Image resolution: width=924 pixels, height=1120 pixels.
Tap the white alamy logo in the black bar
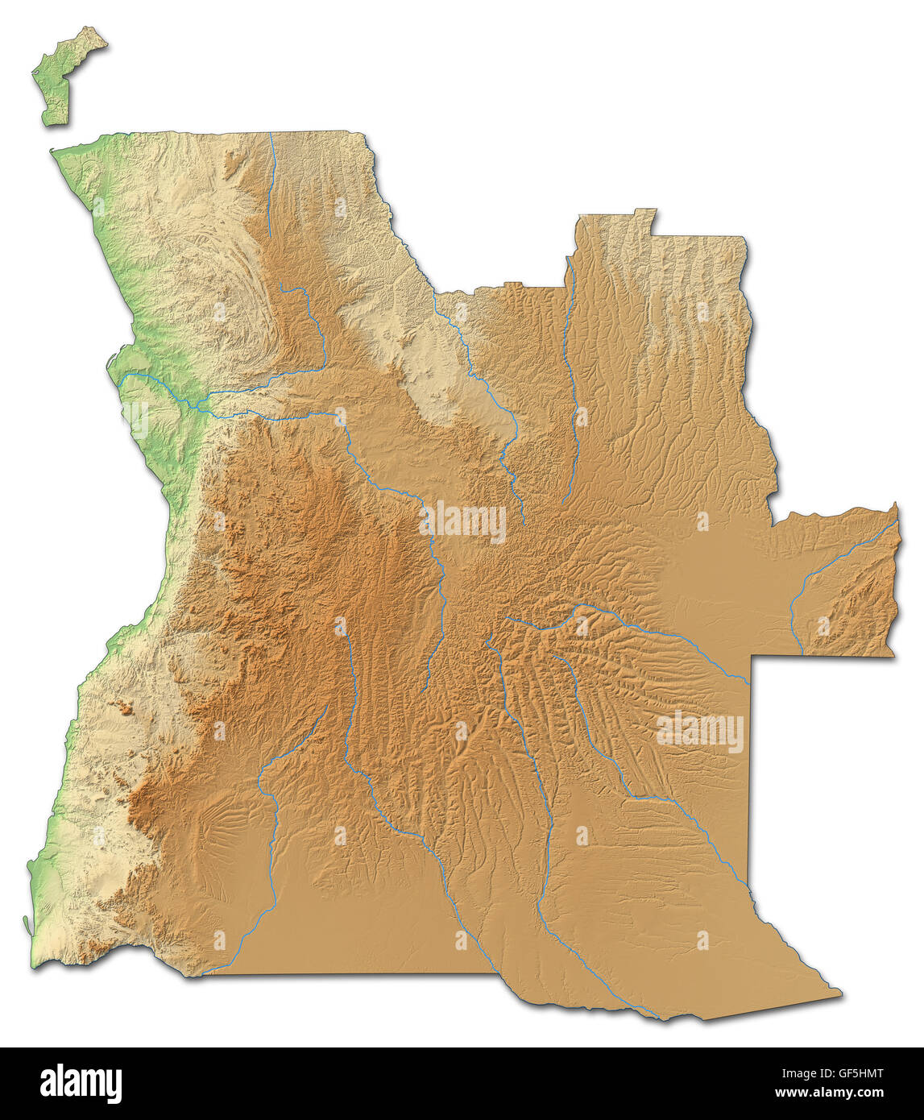click(81, 1084)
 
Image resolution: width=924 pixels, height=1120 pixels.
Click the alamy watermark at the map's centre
click(462, 522)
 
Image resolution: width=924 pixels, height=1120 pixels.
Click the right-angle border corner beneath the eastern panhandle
click(752, 657)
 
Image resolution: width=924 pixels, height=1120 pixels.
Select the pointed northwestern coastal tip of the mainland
click(52, 151)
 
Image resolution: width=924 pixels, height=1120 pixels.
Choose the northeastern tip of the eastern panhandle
click(895, 504)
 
